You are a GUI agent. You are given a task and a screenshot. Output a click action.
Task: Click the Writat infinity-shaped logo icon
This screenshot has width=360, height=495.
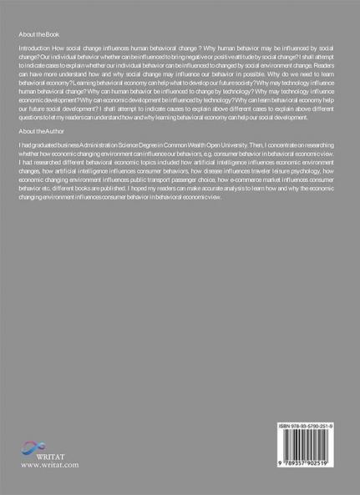pyautogui.click(x=36, y=447)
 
